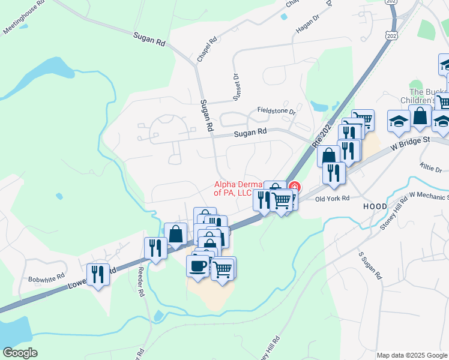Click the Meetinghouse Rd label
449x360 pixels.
(x=24, y=19)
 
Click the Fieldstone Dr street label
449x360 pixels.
(x=277, y=111)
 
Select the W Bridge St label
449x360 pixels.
(x=411, y=140)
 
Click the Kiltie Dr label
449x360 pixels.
(x=430, y=166)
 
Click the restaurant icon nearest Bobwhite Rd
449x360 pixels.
(x=98, y=275)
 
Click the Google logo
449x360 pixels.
(x=20, y=353)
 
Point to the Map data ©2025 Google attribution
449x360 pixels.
(x=411, y=355)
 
